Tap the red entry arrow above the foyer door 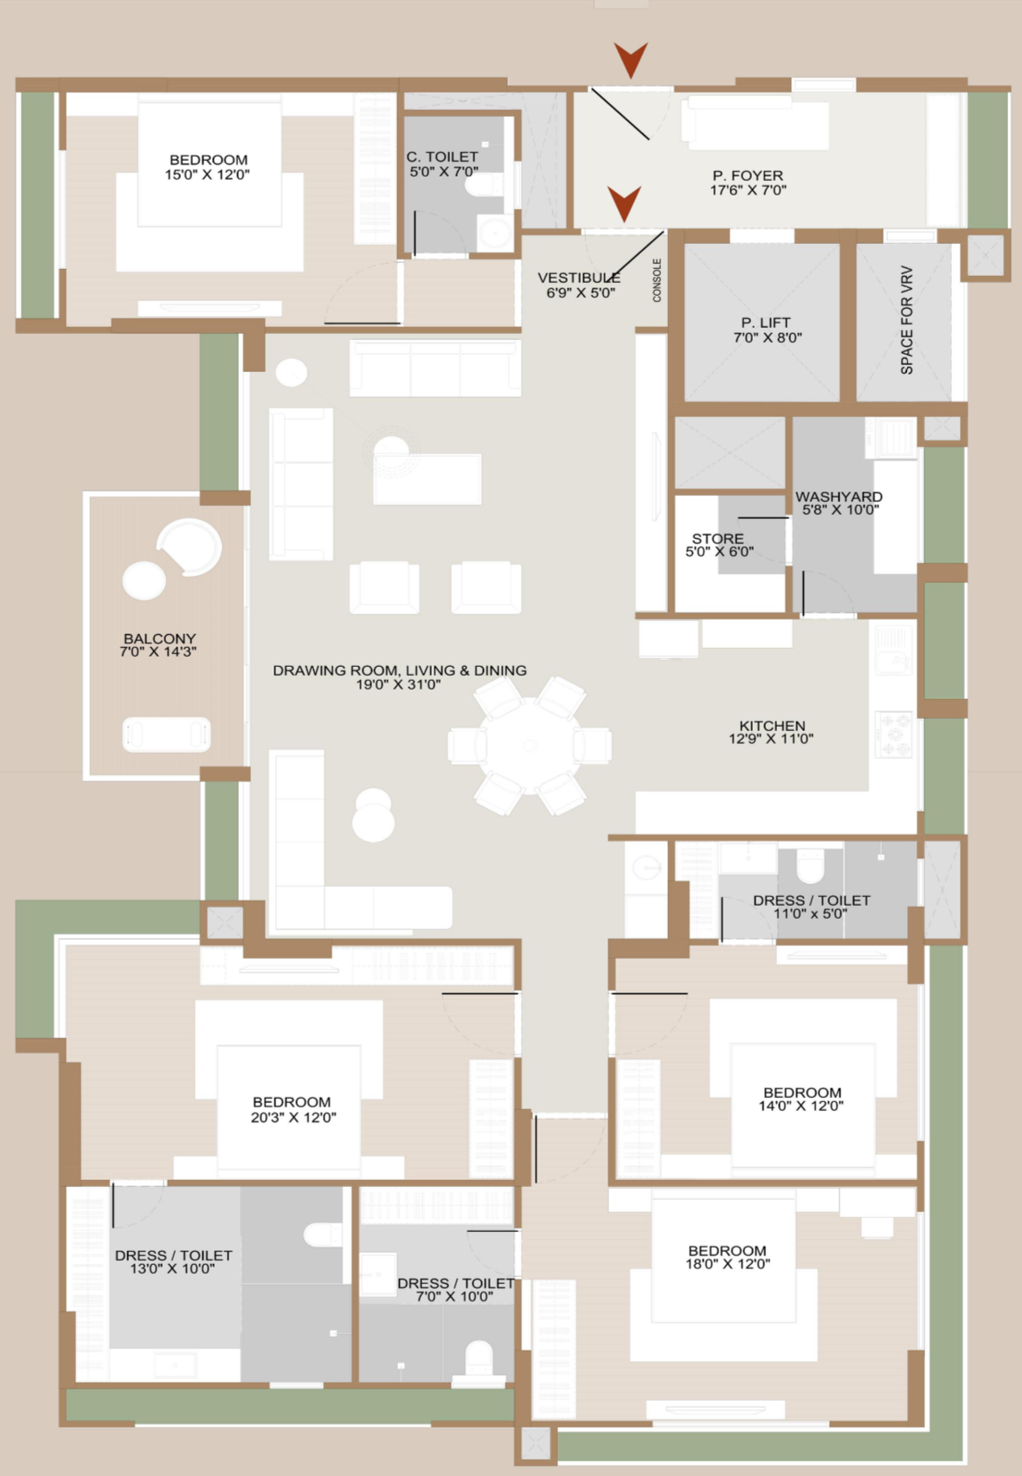(x=631, y=60)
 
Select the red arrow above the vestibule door (x=624, y=203)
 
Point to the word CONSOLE (x=657, y=280)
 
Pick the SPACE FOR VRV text (x=907, y=320)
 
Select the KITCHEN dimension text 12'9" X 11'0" (x=771, y=739)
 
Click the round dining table (x=530, y=745)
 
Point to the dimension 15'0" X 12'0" (x=208, y=175)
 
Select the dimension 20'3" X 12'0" (x=293, y=1117)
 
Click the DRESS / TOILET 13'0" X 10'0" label (x=172, y=1261)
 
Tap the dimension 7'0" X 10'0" (x=454, y=1296)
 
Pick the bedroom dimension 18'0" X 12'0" (x=728, y=1263)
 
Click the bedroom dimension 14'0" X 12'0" (x=801, y=1105)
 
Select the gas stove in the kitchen (x=894, y=734)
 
